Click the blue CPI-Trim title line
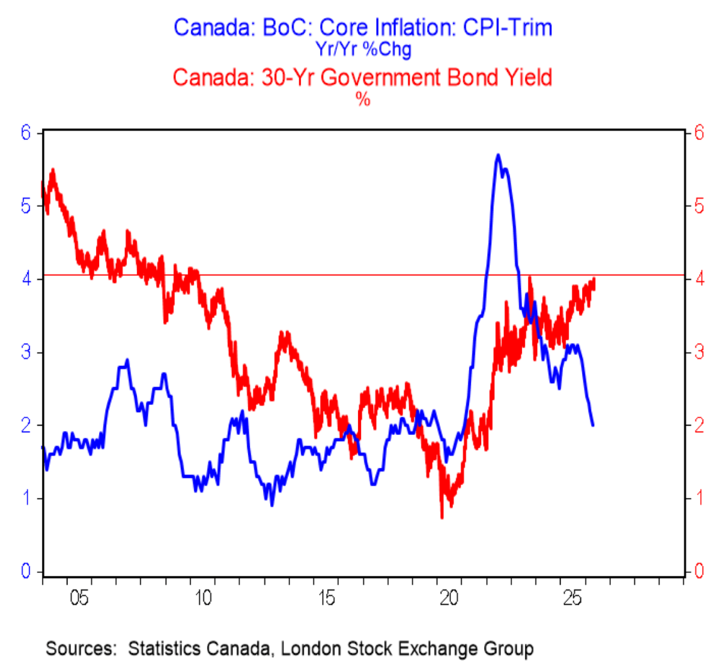coord(363,28)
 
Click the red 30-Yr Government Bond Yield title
coord(362,77)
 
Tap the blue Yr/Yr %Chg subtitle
coord(364,49)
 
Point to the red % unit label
coord(363,99)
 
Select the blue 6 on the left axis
coord(26,133)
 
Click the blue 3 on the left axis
coord(26,352)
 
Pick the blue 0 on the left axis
coord(26,571)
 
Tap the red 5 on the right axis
coord(699,206)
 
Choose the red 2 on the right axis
coord(699,425)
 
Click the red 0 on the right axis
coord(699,571)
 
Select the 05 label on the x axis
coord(79,598)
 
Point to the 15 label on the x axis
coord(327,598)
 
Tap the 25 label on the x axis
coord(573,598)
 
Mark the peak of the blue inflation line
coord(498,155)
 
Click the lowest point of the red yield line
coord(442,518)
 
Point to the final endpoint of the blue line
coord(593,425)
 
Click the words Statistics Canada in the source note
coord(199,648)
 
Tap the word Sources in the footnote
coord(81,648)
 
